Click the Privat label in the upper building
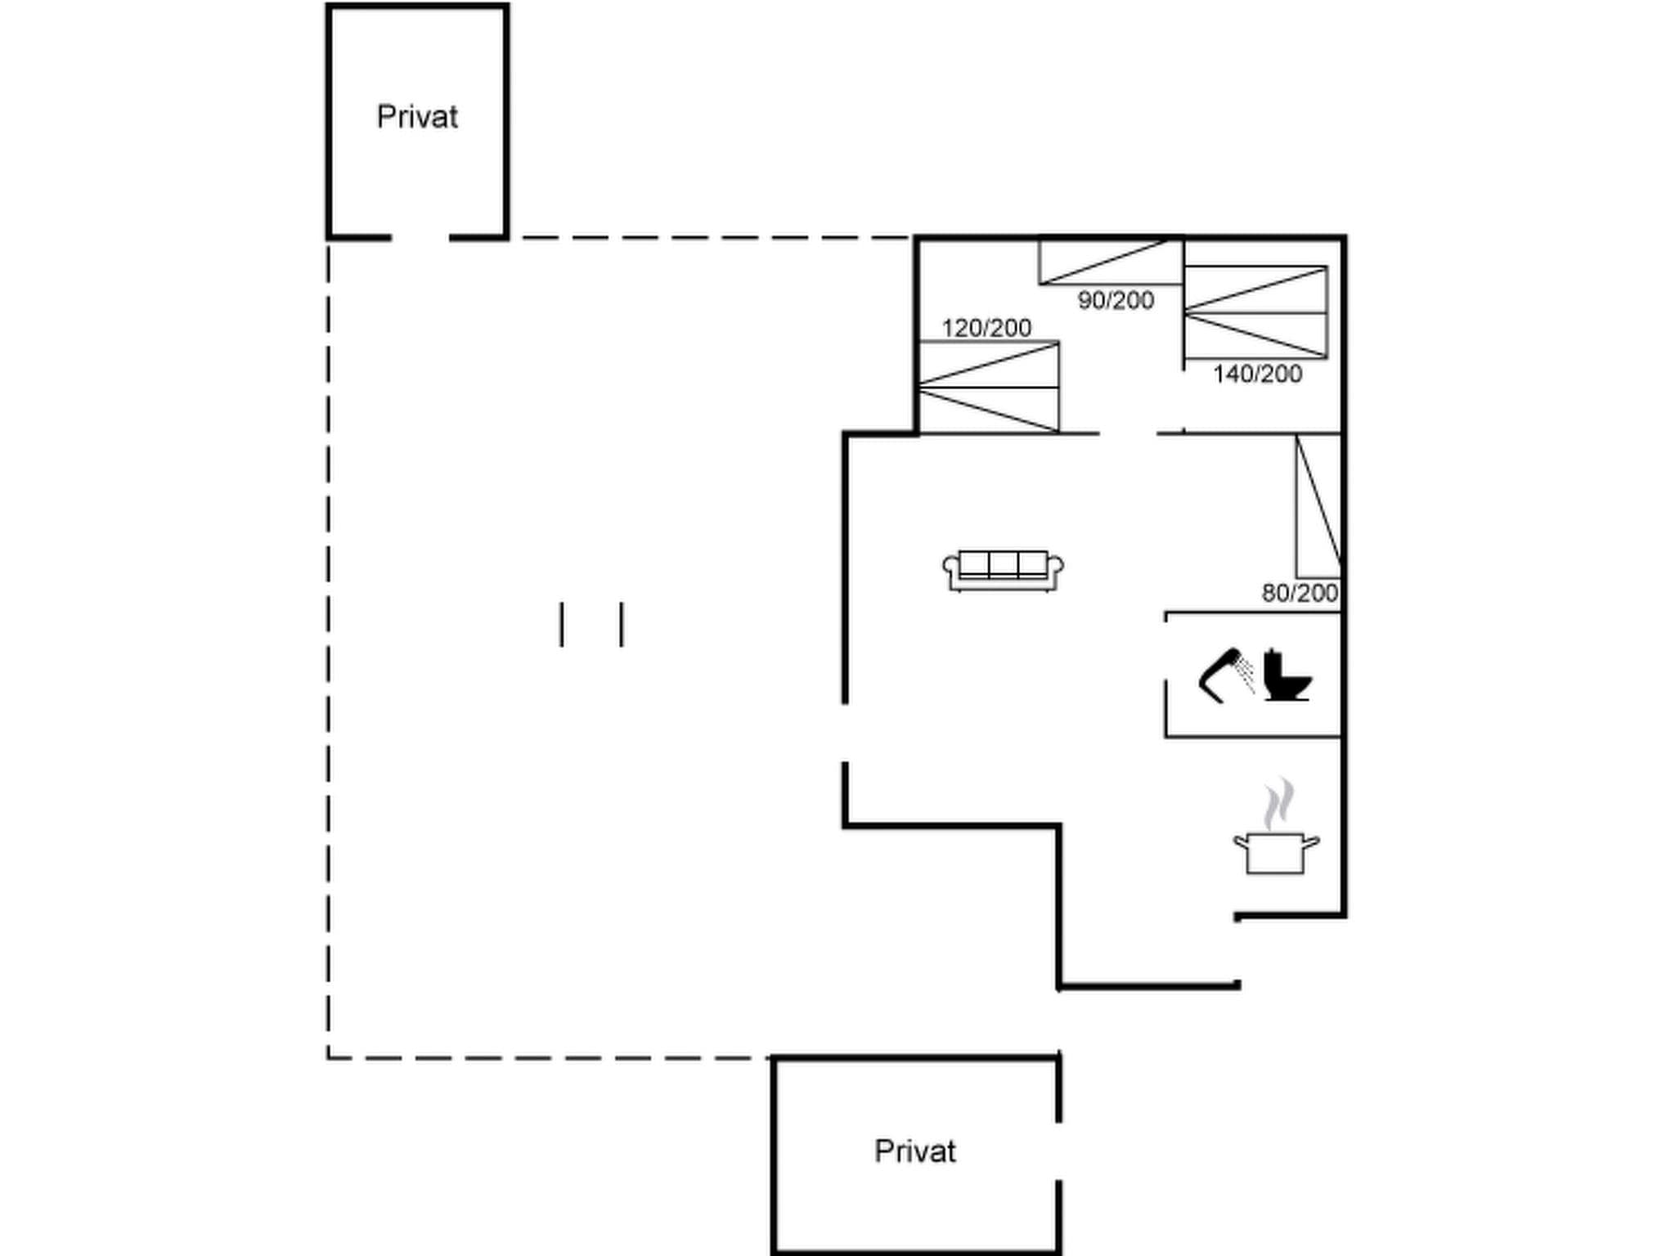coord(417,117)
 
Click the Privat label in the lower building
coord(914,1151)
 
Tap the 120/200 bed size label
coord(986,328)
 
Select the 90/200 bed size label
coord(1116,300)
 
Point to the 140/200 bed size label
coord(1257,374)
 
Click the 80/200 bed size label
coord(1300,593)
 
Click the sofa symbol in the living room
coord(1003,570)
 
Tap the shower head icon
coord(1225,675)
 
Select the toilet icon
coord(1286,675)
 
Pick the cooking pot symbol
coord(1276,853)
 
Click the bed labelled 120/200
coord(989,387)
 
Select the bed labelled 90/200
coord(1111,262)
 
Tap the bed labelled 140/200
coord(1255,312)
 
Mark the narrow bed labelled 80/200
coord(1318,506)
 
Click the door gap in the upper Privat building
coord(420,238)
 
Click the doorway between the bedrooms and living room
coord(1127,433)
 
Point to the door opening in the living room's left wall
coord(845,733)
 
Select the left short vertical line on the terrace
coord(561,625)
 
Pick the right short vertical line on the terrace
coord(622,625)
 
